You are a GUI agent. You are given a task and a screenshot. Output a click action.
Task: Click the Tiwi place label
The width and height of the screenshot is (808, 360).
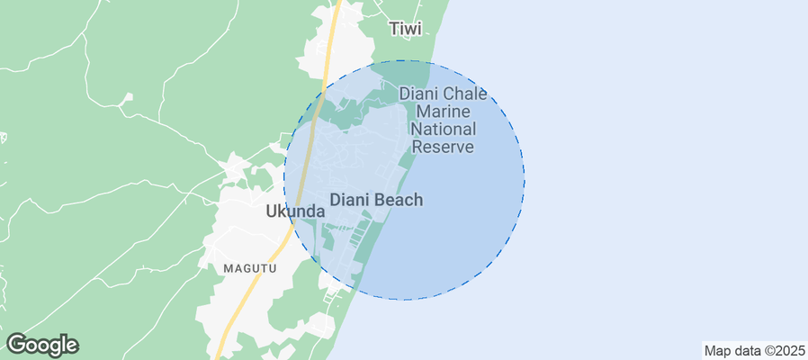point(405,29)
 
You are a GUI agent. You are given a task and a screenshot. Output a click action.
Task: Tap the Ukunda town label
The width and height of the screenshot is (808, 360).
point(295,211)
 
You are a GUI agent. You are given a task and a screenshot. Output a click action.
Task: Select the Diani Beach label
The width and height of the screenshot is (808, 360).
point(376,200)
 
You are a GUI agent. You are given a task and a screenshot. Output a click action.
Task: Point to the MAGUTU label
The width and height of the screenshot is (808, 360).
point(250,268)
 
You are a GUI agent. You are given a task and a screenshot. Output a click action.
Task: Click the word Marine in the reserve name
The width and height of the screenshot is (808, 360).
point(443,112)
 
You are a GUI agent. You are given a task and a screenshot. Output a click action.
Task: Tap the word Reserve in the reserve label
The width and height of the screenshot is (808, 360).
point(442,147)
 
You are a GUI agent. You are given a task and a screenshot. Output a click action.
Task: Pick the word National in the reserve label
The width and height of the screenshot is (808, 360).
point(443,129)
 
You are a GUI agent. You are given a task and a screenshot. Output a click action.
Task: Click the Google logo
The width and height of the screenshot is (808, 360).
point(42,345)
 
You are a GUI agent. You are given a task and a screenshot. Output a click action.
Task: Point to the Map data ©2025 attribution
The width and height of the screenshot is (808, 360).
point(753,350)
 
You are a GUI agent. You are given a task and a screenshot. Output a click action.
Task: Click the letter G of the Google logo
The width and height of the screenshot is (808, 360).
point(16,345)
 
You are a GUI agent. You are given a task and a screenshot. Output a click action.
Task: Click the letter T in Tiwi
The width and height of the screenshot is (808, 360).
point(394,29)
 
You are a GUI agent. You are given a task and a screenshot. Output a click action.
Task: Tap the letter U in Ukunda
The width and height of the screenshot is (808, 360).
point(273,211)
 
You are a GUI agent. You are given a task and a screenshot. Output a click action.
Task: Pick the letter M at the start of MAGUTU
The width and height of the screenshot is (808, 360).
point(229,268)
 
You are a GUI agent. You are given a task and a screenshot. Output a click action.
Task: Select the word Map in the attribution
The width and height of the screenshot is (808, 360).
point(717,350)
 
